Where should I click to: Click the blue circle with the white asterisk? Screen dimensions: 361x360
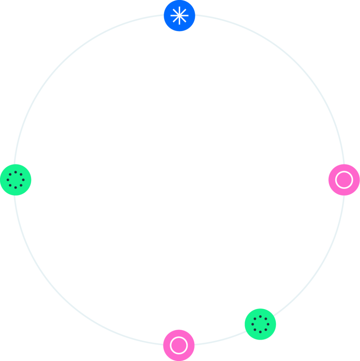coord(179,16)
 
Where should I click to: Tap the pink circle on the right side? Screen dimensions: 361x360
coord(344,180)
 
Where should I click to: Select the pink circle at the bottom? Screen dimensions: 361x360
coord(179,345)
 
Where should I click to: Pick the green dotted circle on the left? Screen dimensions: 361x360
coord(16,180)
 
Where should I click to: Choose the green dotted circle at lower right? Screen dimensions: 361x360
coord(260,324)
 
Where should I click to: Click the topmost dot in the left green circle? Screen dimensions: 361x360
coord(16,172)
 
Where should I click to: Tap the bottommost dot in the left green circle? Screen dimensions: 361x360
coord(16,188)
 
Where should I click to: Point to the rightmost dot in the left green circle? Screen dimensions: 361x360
coord(23,180)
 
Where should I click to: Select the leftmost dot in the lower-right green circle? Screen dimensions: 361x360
coord(252,324)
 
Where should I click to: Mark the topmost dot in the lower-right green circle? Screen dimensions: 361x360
coord(260,317)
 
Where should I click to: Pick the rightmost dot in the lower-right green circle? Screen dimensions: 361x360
coord(268,324)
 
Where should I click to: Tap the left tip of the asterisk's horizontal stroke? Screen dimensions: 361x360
coord(171,16)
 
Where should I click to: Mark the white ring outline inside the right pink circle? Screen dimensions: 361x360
coord(336,180)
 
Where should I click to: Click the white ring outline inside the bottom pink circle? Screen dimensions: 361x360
coord(171,345)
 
